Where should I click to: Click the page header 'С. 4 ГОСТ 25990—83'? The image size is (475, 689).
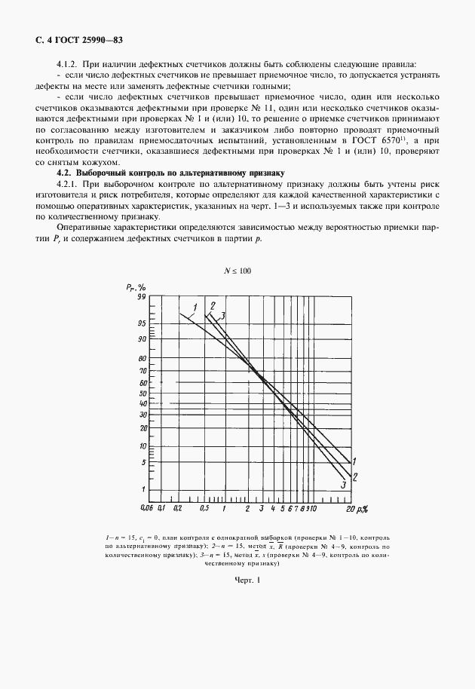70,38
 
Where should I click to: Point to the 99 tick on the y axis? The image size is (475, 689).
141,298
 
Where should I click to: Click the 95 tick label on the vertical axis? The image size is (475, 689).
141,323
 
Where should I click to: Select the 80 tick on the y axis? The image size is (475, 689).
141,359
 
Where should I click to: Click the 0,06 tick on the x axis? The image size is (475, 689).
149,510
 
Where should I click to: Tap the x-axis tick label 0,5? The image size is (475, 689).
204,510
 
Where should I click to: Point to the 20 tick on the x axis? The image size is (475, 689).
350,510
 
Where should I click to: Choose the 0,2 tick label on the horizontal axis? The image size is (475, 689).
177,510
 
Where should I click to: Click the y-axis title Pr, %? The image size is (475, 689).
136,287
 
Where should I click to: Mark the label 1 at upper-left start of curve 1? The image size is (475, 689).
195,307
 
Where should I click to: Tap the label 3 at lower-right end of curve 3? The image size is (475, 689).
344,485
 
